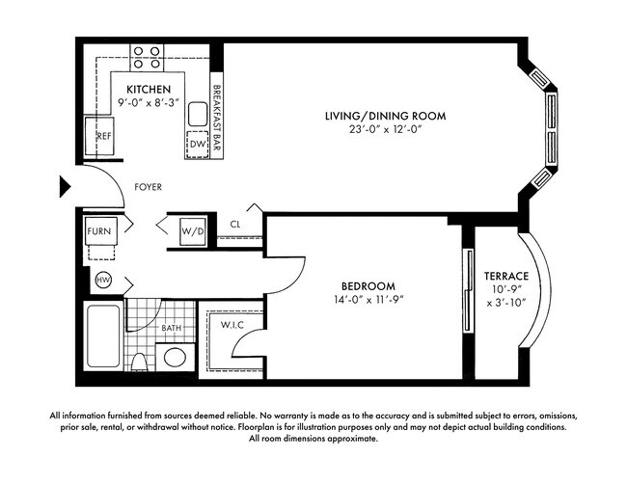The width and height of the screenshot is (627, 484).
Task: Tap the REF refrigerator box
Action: [x=103, y=136]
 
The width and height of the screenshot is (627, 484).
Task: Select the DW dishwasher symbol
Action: [x=197, y=145]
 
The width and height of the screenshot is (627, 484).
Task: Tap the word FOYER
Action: [x=148, y=187]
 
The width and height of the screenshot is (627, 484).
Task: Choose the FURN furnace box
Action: [x=99, y=231]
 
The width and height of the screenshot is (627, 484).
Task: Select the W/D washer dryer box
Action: [x=190, y=230]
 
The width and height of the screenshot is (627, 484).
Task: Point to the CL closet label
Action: [x=235, y=226]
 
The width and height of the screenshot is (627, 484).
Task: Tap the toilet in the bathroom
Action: [x=140, y=361]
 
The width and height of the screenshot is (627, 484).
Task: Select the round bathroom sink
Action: [x=175, y=358]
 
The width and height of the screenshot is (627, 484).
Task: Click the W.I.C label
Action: [x=232, y=324]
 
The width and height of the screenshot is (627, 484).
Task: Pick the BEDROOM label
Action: [x=368, y=286]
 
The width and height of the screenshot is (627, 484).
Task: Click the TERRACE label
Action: [x=506, y=277]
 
